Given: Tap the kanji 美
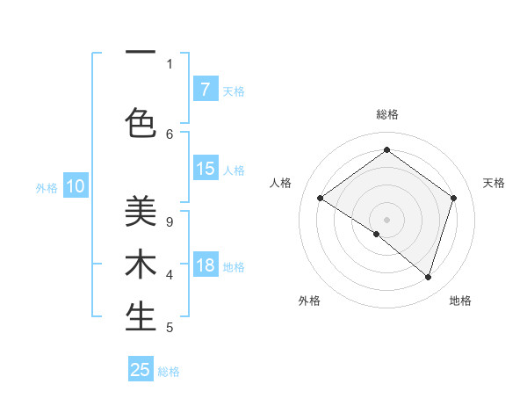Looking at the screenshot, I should [x=141, y=211].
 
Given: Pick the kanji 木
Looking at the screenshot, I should [x=141, y=264].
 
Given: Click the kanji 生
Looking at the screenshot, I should [x=141, y=316].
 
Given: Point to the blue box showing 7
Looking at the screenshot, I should [x=205, y=90].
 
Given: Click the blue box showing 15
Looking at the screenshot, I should [x=205, y=169].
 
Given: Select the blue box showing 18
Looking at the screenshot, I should [x=205, y=265].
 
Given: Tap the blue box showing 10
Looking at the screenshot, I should [x=76, y=186].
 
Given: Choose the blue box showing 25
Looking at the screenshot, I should [x=141, y=370].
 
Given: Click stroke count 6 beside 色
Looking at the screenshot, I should [x=170, y=134].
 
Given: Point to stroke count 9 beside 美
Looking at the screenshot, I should [x=170, y=221].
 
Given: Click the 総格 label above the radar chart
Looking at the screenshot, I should [x=386, y=114].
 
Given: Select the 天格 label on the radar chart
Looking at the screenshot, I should [x=494, y=183].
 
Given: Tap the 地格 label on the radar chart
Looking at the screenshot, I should [x=460, y=301].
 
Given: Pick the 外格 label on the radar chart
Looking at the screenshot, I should [x=309, y=301].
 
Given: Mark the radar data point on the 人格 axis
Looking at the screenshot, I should [x=321, y=199].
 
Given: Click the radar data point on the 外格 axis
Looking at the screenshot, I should [x=377, y=234].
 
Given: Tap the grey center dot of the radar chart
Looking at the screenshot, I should [x=386, y=219].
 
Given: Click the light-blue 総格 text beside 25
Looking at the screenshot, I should [x=169, y=372].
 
